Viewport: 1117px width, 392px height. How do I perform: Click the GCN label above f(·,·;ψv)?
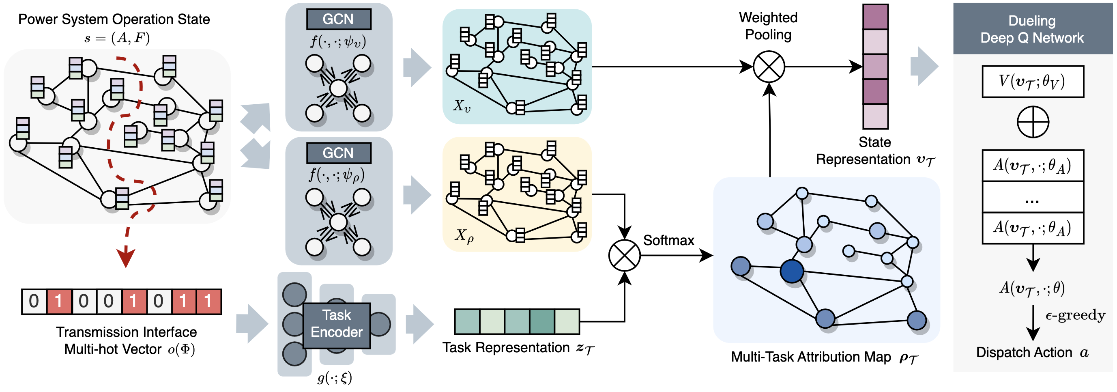click(x=338, y=19)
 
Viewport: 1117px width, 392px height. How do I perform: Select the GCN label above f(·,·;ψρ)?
click(x=338, y=153)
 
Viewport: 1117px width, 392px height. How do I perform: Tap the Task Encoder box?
click(x=337, y=325)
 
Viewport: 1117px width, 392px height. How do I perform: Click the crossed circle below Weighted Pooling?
click(x=769, y=67)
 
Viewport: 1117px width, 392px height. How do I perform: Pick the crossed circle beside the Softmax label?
click(x=625, y=255)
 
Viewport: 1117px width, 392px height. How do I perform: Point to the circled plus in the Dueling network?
click(x=1033, y=122)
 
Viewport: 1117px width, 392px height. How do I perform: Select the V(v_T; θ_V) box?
click(x=1033, y=82)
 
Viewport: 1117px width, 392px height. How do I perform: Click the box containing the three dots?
click(x=1033, y=197)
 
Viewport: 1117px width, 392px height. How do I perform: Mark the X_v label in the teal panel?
click(x=462, y=106)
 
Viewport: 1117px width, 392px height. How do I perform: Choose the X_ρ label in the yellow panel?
click(x=464, y=235)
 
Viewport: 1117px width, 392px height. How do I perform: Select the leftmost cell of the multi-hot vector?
click(x=34, y=302)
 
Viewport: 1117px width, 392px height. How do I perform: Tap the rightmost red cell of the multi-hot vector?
click(x=208, y=302)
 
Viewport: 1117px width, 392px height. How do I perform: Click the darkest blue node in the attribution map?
click(x=792, y=271)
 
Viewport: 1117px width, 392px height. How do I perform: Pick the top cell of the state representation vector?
click(x=876, y=17)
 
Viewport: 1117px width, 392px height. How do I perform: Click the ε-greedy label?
click(x=1075, y=315)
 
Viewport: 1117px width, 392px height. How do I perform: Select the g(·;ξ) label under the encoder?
click(x=334, y=378)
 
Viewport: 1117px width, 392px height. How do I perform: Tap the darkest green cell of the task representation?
click(x=542, y=322)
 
